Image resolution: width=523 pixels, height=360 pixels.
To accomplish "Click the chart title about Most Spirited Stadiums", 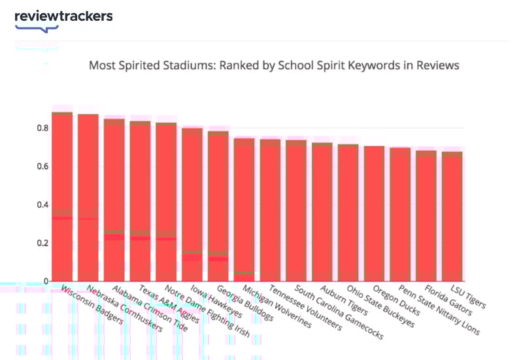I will tap(274, 65).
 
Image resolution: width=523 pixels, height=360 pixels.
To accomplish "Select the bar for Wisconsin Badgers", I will tap(62, 196).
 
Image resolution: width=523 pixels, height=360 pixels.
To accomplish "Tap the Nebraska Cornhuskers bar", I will tap(88, 196).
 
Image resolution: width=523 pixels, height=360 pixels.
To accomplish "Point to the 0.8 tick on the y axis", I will tap(42, 128).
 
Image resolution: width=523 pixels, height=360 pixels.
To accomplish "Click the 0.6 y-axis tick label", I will tap(42, 167).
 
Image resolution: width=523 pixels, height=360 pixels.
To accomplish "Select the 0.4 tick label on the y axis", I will tap(42, 205).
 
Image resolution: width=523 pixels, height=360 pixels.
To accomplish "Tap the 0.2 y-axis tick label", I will tap(42, 243).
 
